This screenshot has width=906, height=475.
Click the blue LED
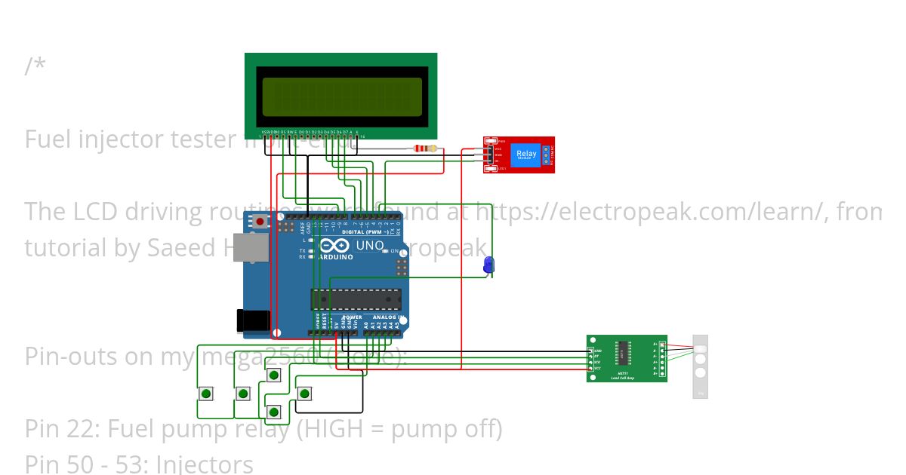click(x=488, y=264)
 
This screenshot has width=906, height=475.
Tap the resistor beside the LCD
click(x=426, y=149)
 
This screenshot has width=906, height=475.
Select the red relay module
click(x=519, y=155)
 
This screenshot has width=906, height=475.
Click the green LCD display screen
click(x=341, y=96)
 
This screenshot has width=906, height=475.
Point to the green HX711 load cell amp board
click(x=627, y=359)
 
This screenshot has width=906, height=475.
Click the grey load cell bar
click(x=700, y=366)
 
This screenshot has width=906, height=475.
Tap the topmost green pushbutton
click(x=274, y=375)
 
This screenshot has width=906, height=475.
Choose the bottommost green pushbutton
click(x=274, y=412)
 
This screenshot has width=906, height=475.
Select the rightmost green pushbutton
click(x=305, y=394)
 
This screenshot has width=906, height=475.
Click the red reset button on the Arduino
click(x=260, y=222)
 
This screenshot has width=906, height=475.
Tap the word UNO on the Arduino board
click(x=370, y=246)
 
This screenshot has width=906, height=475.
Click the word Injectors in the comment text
click(x=205, y=464)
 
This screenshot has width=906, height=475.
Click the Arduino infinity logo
click(x=334, y=247)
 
